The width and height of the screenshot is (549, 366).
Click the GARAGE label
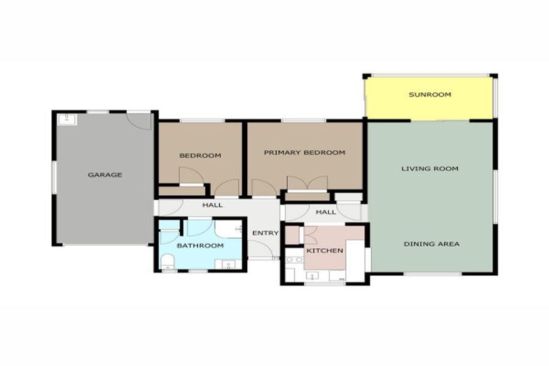coord(105,174)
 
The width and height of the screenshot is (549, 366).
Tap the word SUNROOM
coord(430,94)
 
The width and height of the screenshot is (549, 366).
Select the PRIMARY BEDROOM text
coord(305,152)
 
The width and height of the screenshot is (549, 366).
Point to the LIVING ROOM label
coord(430,169)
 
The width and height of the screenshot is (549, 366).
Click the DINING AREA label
coord(431,244)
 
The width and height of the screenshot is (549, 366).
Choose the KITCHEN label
coord(325,251)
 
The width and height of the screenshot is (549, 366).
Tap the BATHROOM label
coord(200,245)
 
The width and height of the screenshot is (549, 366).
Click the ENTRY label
coord(265,233)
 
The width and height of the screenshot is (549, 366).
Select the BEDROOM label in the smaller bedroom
coord(200,155)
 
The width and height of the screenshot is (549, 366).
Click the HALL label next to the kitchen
coord(325,212)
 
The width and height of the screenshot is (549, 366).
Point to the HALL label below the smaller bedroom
coord(212,205)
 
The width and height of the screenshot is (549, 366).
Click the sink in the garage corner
coord(69,119)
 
